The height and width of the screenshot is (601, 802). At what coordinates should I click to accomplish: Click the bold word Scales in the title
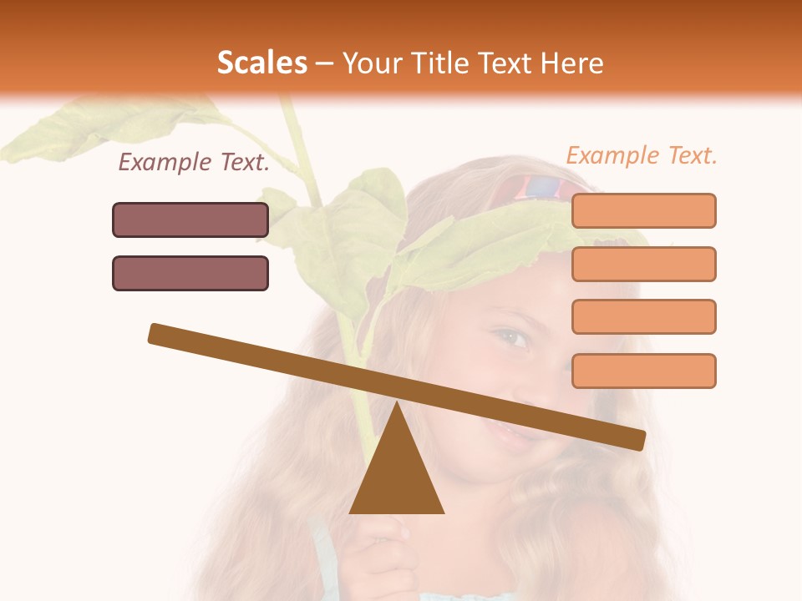coord(261,63)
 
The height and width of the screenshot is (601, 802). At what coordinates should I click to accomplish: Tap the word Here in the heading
coord(572,63)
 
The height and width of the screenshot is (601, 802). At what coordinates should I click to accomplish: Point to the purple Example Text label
coord(194,163)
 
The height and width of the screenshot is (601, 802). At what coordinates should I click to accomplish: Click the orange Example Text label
coord(642,155)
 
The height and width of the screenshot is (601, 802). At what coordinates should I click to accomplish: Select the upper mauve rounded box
coord(190,220)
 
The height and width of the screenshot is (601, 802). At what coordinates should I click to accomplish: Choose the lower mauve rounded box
coord(190,273)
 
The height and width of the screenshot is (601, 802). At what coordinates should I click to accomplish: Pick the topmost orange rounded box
coord(643,210)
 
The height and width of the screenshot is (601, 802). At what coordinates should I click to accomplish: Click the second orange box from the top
coord(643,264)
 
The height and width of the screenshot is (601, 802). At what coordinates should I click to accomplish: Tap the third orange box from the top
coord(643,316)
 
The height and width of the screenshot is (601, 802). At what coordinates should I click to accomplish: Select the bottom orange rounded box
coord(643,371)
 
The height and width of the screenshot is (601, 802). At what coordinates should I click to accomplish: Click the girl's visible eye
coord(511,338)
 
